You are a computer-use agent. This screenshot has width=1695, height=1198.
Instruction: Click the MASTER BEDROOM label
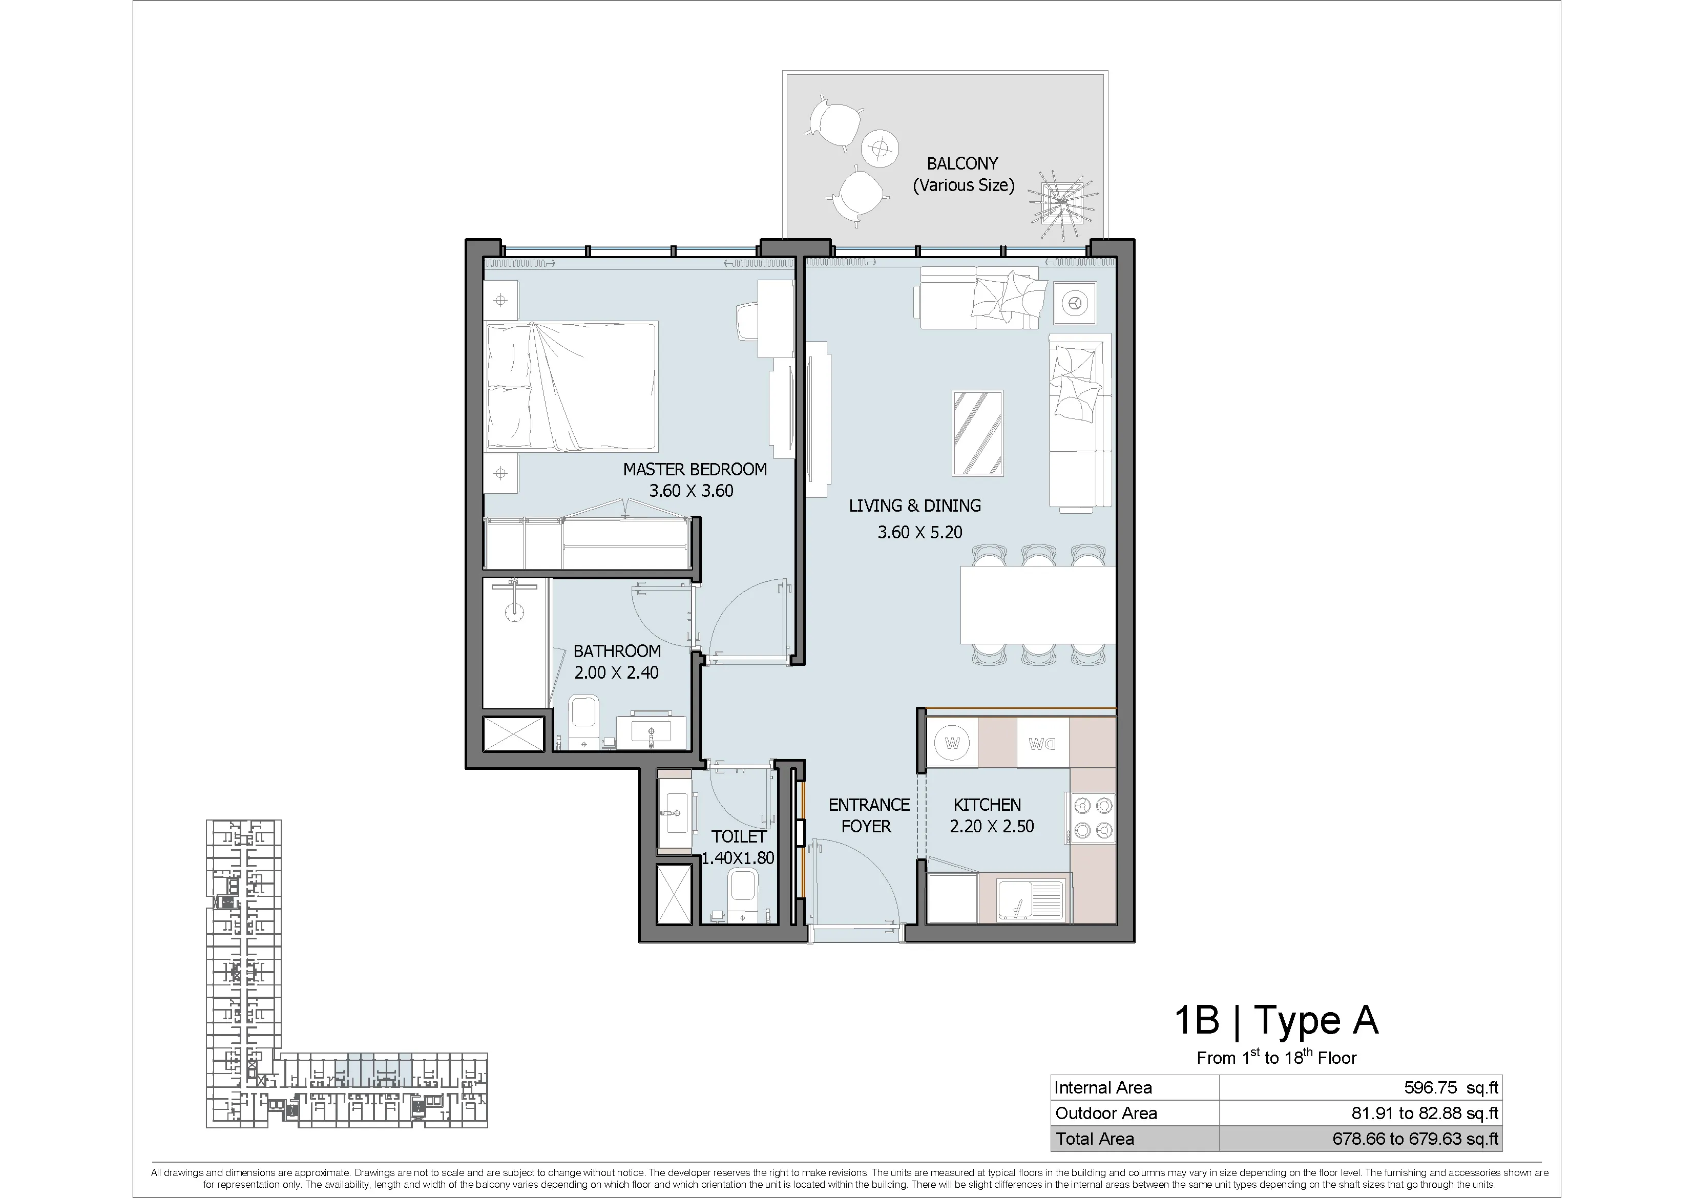pos(695,470)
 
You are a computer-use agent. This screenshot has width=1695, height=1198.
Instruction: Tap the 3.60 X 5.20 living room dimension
pos(920,532)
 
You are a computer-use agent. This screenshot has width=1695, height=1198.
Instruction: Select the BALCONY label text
pos(962,164)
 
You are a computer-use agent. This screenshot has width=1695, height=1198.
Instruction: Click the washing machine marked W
pos(952,743)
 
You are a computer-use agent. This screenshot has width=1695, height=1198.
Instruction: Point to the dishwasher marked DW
pos(1042,743)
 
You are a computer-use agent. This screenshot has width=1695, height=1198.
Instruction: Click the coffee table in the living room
pos(977,433)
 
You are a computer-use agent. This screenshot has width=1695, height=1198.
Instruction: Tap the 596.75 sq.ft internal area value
pos(1451,1087)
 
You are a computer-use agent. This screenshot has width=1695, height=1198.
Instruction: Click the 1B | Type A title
pos(1277,1020)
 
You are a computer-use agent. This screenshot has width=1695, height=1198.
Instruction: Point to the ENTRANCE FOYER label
pos(868,815)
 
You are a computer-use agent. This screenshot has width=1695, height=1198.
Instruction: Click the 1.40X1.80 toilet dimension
pos(738,858)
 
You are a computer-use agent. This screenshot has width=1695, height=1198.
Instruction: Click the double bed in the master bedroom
pos(571,386)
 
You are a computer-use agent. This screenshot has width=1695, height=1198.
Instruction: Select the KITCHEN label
pos(987,805)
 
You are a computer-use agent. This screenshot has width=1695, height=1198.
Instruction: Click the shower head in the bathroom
pos(515,609)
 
